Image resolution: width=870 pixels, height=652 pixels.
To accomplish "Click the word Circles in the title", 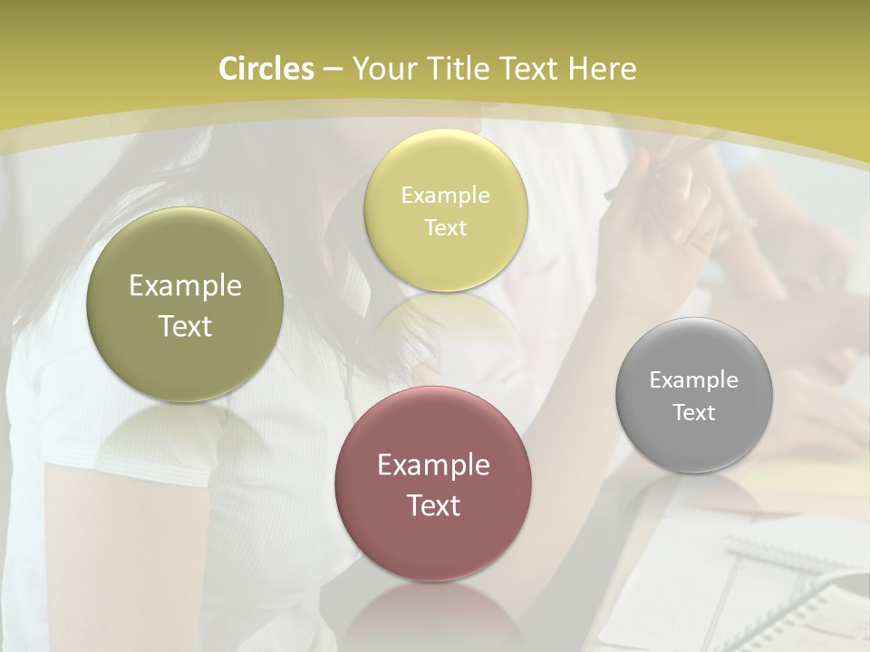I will [266, 69].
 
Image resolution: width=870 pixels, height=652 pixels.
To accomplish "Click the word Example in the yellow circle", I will [445, 195].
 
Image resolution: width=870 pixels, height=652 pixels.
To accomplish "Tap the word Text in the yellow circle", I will [445, 227].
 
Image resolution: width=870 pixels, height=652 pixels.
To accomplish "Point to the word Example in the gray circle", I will [694, 379].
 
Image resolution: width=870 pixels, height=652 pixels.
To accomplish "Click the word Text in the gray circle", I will [694, 412].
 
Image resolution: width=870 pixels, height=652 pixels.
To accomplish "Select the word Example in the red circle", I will [433, 465].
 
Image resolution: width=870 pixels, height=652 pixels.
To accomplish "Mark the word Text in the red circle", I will [433, 505].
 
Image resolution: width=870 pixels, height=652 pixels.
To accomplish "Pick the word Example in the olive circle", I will [185, 285].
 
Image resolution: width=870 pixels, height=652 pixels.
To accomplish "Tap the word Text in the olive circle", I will [185, 326].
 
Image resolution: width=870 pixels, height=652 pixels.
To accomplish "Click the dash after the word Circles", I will [332, 70].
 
